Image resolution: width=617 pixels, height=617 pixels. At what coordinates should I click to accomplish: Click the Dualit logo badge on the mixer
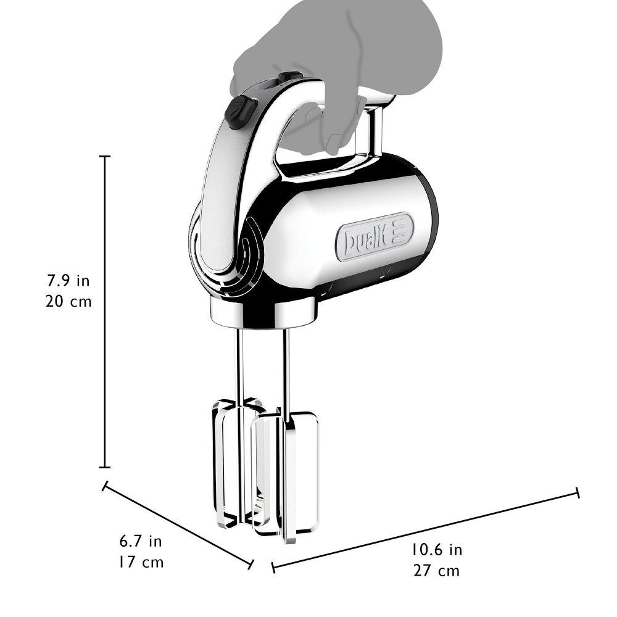click(x=375, y=238)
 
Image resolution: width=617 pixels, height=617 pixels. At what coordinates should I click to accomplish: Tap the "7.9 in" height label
click(x=68, y=281)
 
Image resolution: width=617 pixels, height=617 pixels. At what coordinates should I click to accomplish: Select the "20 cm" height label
click(x=68, y=302)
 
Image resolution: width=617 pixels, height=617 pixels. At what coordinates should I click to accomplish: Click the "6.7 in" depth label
click(x=141, y=542)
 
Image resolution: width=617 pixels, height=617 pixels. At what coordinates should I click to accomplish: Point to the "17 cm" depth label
click(x=141, y=562)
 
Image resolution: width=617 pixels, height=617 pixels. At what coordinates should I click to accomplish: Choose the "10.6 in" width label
click(x=437, y=550)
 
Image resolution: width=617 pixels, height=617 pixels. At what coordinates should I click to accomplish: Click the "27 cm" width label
click(x=436, y=571)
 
